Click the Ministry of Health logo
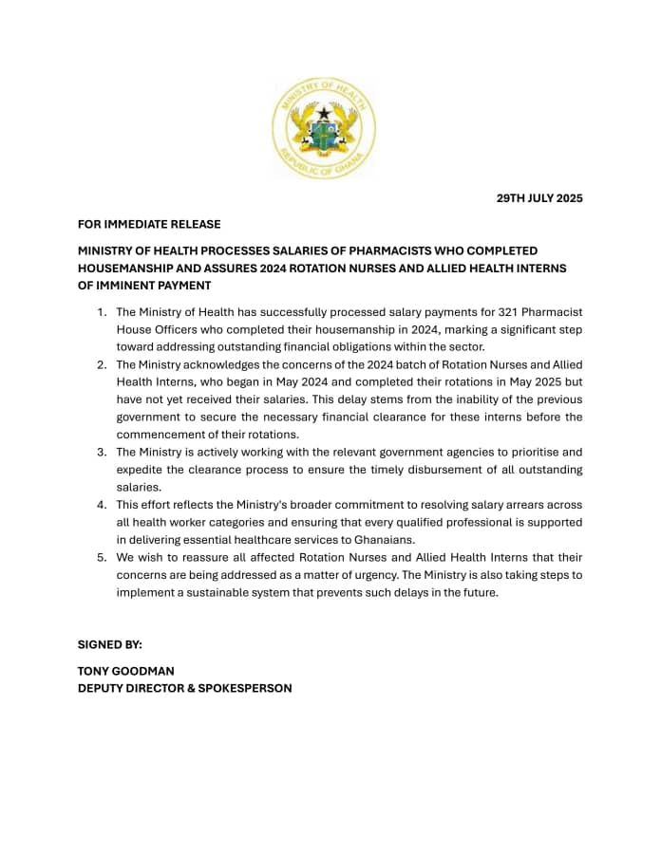324,130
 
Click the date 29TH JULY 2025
539,198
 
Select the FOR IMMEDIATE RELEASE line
149,225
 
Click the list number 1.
101,312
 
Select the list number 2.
101,365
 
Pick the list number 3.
101,453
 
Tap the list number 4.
101,505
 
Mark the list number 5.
101,558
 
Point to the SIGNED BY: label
110,644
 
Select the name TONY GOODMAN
126,671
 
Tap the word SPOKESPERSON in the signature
245,688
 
